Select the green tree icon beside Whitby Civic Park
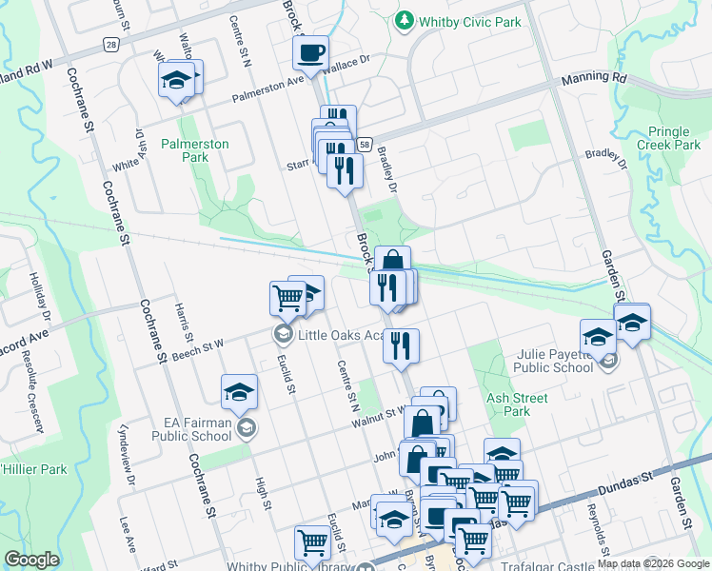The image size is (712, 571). pos(405,19)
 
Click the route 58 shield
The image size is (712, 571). pos(365,143)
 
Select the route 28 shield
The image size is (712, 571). pos(112,45)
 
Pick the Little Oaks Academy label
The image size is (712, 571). pos(339,335)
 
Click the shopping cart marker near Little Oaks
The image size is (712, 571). pos(287,298)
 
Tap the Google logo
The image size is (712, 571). pos(32,560)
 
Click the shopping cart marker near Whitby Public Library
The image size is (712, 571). pos(312,543)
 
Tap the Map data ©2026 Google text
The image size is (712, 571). pos(652,563)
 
